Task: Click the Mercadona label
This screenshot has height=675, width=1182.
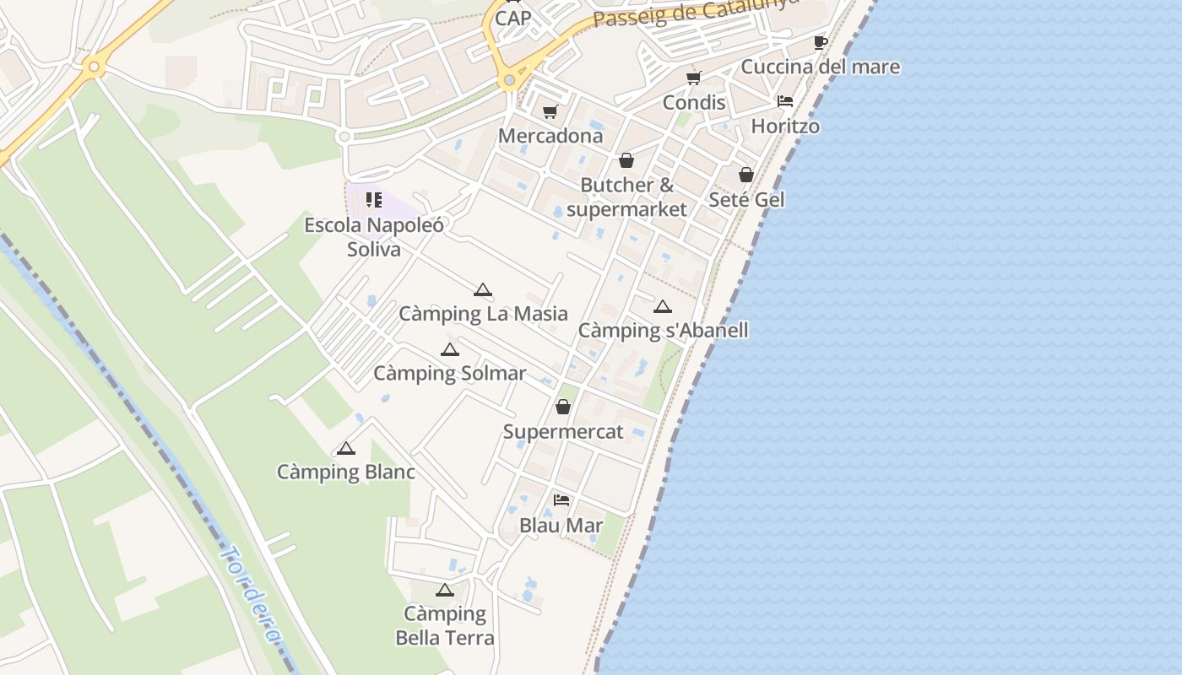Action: pyautogui.click(x=550, y=136)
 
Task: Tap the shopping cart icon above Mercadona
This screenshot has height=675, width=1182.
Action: pyautogui.click(x=550, y=111)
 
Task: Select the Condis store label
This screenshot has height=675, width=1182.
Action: pyautogui.click(x=694, y=102)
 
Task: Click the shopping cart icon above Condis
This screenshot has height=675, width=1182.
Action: pyautogui.click(x=694, y=78)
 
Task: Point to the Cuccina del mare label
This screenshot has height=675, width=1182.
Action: pyautogui.click(x=820, y=67)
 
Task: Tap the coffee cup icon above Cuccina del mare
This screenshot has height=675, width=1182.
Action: pyautogui.click(x=820, y=42)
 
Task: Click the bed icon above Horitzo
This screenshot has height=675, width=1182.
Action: pyautogui.click(x=785, y=101)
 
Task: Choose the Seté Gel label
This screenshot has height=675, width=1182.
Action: pyautogui.click(x=746, y=200)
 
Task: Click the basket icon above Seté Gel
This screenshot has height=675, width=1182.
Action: pyautogui.click(x=746, y=175)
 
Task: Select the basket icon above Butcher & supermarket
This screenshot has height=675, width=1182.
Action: pyautogui.click(x=626, y=160)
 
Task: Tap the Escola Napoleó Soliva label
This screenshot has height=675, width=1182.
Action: pyautogui.click(x=374, y=237)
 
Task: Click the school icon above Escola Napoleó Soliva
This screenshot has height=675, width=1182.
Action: pyautogui.click(x=374, y=200)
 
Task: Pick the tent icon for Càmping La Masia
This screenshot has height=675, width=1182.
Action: pyautogui.click(x=483, y=290)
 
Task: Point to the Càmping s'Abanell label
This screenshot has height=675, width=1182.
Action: pyautogui.click(x=663, y=330)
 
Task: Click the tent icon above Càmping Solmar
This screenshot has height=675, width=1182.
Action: pyautogui.click(x=450, y=349)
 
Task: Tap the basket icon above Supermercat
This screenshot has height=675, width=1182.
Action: pyautogui.click(x=563, y=407)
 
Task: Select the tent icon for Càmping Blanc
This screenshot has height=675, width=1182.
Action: pyautogui.click(x=346, y=448)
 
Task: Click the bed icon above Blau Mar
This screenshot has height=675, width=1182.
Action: pyautogui.click(x=561, y=500)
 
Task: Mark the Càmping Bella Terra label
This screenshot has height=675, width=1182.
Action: pyautogui.click(x=445, y=625)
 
